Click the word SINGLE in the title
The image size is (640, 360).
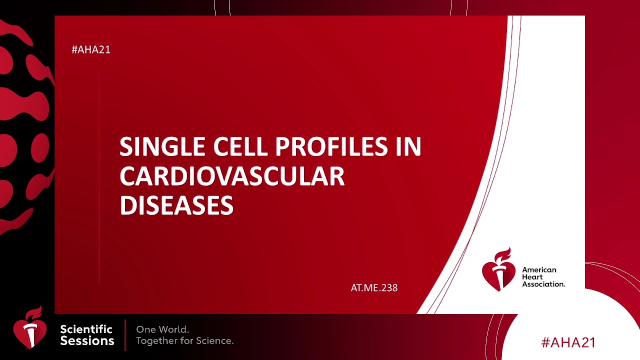pyautogui.click(x=162, y=146)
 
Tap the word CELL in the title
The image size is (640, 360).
pyautogui.click(x=240, y=146)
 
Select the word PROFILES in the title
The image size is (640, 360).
pyautogui.click(x=331, y=146)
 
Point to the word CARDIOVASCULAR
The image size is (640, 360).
pyautogui.click(x=232, y=176)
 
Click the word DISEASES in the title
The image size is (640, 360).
pyautogui.click(x=176, y=205)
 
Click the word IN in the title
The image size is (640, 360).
pyautogui.click(x=408, y=146)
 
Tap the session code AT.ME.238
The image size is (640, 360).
pyautogui.click(x=374, y=287)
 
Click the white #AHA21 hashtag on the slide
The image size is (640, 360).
pyautogui.click(x=91, y=49)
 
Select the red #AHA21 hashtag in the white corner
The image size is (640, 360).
pyautogui.click(x=568, y=342)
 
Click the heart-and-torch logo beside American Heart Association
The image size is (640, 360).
pyautogui.click(x=498, y=270)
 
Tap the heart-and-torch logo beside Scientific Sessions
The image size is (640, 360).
pyautogui.click(x=30, y=327)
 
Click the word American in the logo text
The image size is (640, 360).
pyautogui.click(x=539, y=270)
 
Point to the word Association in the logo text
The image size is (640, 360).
pyautogui.click(x=543, y=284)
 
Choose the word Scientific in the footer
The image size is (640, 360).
pyautogui.click(x=86, y=329)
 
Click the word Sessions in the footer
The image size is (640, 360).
pyautogui.click(x=87, y=341)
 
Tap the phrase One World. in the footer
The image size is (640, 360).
pyautogui.click(x=162, y=329)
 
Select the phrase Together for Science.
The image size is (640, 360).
pyautogui.click(x=185, y=341)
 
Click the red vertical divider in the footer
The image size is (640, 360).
pyautogui.click(x=125, y=335)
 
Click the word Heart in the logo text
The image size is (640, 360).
pyautogui.click(x=532, y=277)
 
